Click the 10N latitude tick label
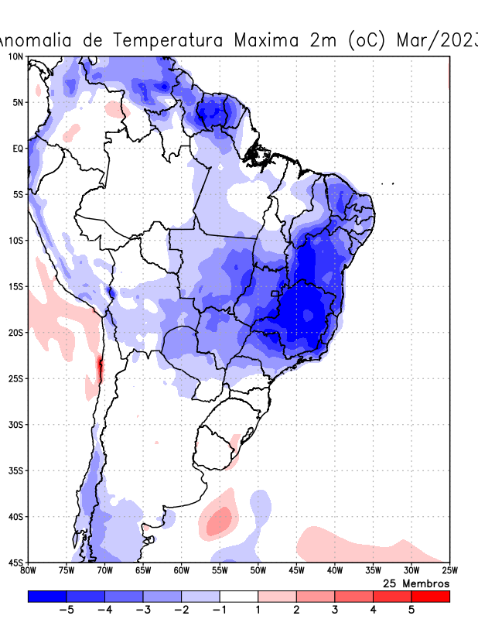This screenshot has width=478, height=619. point(15,56)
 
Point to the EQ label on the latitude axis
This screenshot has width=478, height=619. point(17,149)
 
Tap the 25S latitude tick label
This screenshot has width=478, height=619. point(15,378)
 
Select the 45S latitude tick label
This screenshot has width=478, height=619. point(15,563)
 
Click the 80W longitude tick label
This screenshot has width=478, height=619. point(29,571)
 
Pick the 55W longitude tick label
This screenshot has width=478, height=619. point(220,571)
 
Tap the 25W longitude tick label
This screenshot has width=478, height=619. point(449,571)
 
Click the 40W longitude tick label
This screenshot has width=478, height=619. point(334,571)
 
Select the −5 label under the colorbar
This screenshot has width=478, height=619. point(66,610)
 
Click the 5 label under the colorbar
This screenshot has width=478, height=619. point(411,610)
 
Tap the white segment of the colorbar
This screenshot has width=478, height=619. point(239,596)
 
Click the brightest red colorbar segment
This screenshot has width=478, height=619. point(430,596)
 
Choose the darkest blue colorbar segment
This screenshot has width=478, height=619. point(47,596)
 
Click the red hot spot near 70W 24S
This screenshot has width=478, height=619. point(99,368)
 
